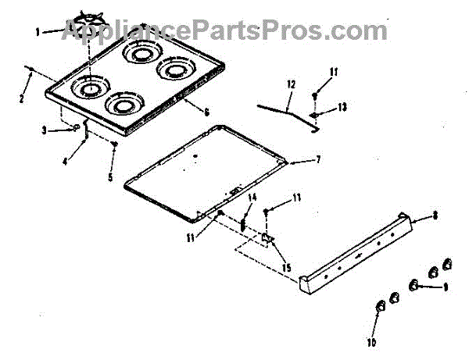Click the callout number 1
(x=38, y=32)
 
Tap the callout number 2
(x=22, y=98)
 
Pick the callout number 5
(x=111, y=177)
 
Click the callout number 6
(x=206, y=112)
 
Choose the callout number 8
(x=434, y=218)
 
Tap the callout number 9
(x=445, y=287)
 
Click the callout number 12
(x=291, y=84)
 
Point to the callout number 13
(x=341, y=106)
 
